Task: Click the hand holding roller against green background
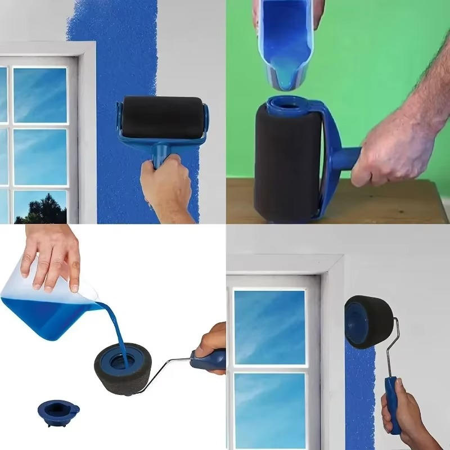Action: (x=388, y=152)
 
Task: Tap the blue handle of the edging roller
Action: (x=392, y=402)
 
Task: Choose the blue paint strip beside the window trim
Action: (x=360, y=394)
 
